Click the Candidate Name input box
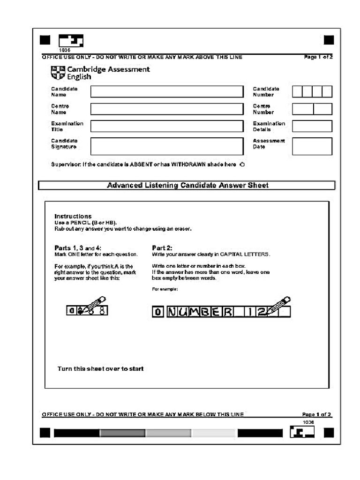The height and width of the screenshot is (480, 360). pos(167,91)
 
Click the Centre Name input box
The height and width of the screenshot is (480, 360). pos(167,109)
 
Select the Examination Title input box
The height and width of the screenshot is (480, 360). pos(167,126)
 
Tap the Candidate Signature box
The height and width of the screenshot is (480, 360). pos(167,146)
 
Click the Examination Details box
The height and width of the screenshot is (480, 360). pos(312,126)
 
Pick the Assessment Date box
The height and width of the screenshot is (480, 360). pos(312,146)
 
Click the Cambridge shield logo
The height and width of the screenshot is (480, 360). pos(58,73)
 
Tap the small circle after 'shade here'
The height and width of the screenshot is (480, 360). pos(242,165)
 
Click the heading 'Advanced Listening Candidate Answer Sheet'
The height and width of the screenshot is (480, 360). pos(187,185)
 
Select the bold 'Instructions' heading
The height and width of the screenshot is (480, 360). pos(73,216)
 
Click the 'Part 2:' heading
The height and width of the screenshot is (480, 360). pos(162,247)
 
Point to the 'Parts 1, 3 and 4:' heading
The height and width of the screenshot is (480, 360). pos(78,247)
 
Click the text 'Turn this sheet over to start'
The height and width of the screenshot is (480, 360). pos(100,368)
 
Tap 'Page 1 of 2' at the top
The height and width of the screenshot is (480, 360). pos(318,57)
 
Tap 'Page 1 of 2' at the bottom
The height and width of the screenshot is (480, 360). pos(316,414)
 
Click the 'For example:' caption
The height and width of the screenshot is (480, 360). pos(165,289)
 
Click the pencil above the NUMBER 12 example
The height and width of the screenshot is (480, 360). pos(279,304)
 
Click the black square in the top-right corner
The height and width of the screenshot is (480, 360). pos(329,40)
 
